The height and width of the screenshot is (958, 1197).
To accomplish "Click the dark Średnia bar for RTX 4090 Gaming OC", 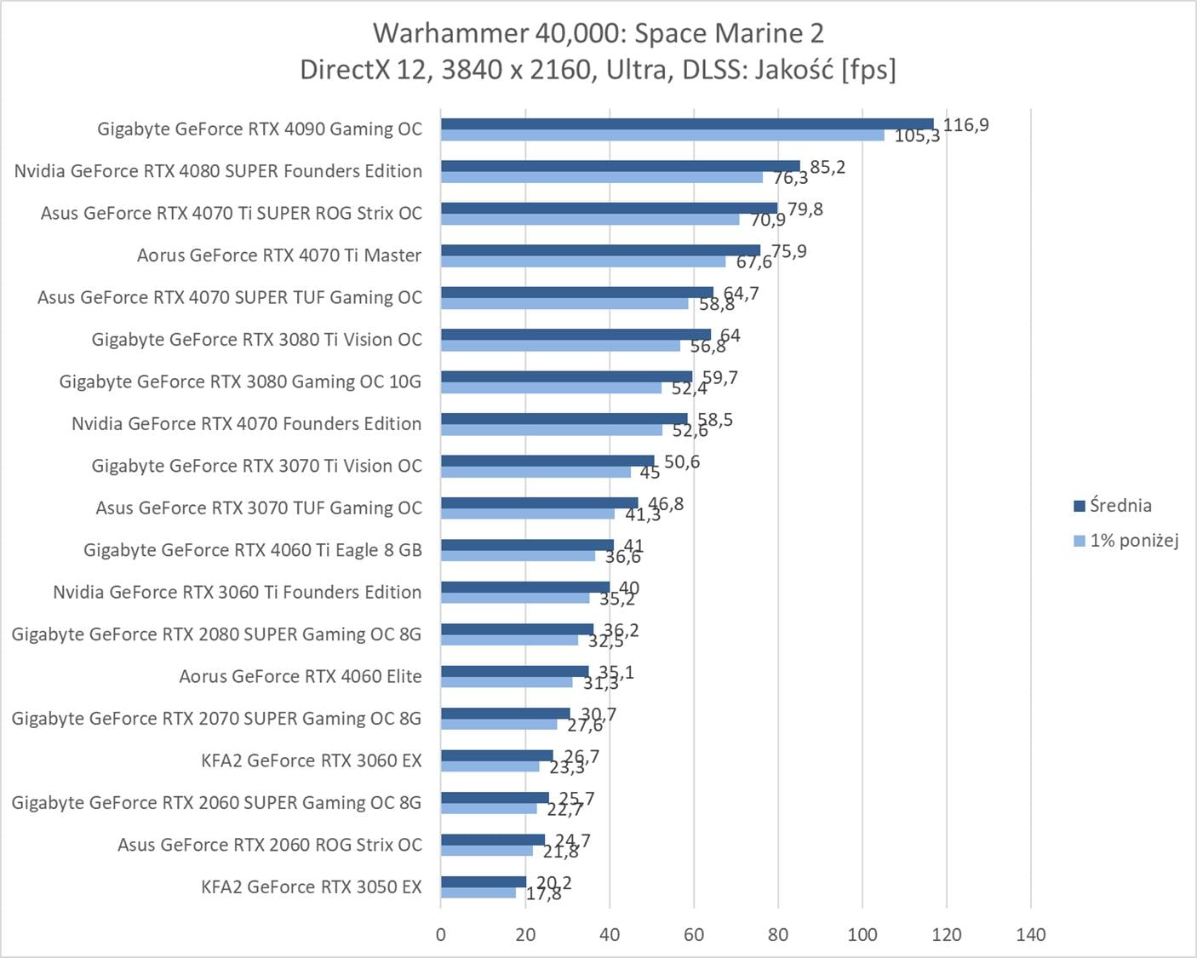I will point(686,123).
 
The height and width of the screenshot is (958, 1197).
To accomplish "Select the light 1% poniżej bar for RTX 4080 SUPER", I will point(601,177).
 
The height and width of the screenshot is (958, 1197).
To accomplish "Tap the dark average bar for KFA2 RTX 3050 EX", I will point(483,881).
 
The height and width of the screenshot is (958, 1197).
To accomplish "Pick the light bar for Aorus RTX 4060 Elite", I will point(506,682).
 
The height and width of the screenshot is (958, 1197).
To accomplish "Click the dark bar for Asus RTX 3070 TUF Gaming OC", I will point(538,502).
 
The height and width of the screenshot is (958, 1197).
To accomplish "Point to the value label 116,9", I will point(965,125).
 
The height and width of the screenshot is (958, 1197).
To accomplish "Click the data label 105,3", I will point(917,136).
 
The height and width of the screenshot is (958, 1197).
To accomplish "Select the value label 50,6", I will point(682,462).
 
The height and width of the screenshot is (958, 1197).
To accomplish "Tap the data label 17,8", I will point(543,894).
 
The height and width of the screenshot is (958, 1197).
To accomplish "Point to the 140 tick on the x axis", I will point(1030,935).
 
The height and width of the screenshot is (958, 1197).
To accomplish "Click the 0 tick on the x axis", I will point(440,935).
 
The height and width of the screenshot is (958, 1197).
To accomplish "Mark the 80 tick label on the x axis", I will point(777,935).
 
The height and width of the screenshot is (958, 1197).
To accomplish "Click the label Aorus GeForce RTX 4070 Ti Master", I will point(279,255).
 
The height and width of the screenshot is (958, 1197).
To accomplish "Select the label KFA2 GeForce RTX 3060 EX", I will point(311,760).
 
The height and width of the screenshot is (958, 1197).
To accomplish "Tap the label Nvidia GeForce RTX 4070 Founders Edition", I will point(246,424).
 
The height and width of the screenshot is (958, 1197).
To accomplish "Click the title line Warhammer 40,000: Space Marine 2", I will point(598,33).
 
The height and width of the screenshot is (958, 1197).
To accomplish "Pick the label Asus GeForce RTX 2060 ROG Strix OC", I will point(269,845).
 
